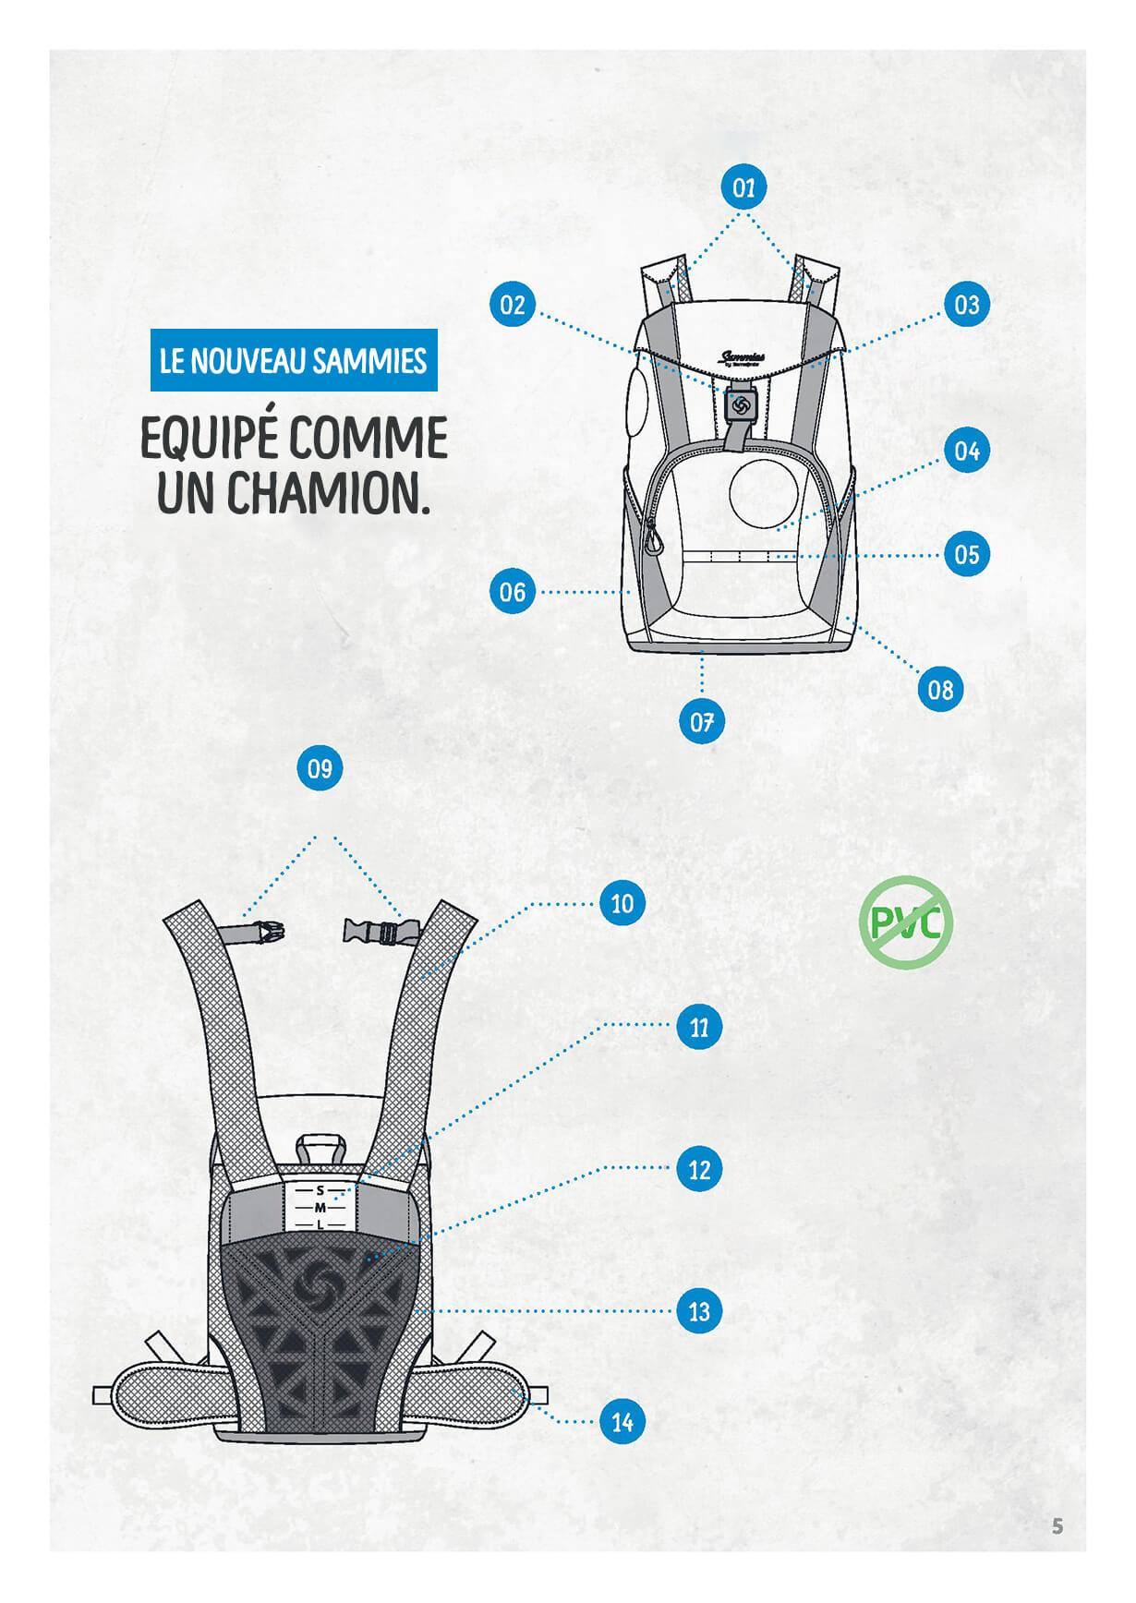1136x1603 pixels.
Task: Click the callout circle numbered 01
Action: coord(743,187)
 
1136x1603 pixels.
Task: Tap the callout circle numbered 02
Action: coord(512,305)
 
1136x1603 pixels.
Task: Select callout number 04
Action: coord(966,451)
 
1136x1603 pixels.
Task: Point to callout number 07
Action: coord(702,721)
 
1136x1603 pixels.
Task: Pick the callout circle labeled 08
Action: coord(940,689)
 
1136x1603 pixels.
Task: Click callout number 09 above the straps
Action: coord(320,768)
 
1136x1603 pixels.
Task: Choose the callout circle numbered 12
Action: coord(699,1169)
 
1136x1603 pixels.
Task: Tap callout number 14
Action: coord(622,1421)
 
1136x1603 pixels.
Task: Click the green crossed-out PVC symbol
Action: coord(905,922)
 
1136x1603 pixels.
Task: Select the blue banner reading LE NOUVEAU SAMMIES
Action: coord(294,360)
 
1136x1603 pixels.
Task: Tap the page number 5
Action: coord(1057,1526)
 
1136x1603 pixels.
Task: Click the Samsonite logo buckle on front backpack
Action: coord(740,404)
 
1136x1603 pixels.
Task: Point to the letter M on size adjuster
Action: coord(320,1208)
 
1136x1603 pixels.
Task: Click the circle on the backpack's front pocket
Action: coord(763,494)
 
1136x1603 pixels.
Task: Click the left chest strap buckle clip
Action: coord(268,932)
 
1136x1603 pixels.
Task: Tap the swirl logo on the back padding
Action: coord(319,1283)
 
